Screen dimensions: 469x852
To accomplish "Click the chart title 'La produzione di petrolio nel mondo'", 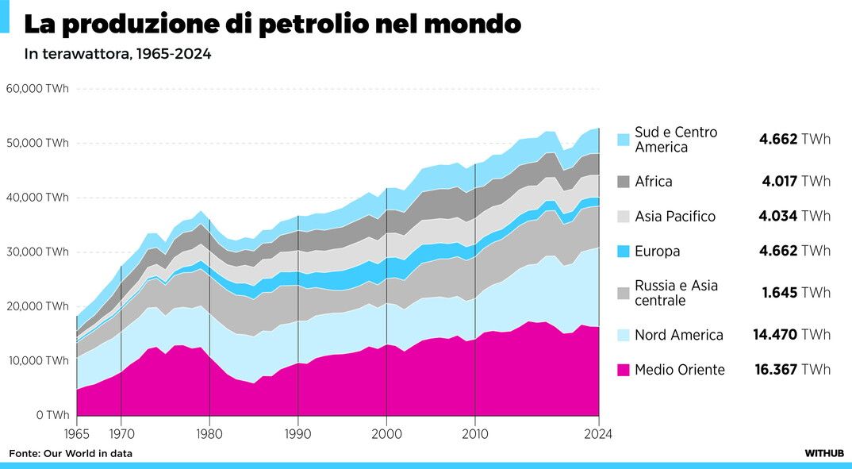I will point(272,24).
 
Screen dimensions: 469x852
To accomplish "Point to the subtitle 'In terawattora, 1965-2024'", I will point(117,55).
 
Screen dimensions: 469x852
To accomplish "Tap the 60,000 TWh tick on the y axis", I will point(37,89).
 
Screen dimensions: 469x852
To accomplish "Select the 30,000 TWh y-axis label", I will point(37,252).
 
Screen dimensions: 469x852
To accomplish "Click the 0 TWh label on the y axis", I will point(52,415).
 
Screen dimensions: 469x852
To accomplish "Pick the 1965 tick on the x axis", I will point(76,434).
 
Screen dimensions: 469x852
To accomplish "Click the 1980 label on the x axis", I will point(209,434).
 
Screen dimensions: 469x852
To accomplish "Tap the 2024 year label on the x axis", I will point(598,434).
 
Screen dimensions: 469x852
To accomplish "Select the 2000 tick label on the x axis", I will point(386,434).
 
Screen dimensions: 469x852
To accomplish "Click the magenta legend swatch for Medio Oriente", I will point(624,369).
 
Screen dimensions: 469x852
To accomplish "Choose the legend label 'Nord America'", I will point(679,335).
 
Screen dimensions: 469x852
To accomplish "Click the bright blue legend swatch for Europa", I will point(624,252).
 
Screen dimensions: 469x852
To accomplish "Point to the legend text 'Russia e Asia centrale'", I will point(676,293).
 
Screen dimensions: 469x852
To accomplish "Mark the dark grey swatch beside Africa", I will point(624,181).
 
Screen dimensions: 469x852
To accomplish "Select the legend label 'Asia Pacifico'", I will point(675,217).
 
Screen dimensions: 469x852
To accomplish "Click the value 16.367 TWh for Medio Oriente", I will point(792,369).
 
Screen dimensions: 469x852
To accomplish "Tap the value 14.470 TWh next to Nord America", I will point(792,335).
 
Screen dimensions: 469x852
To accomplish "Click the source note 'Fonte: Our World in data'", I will point(71,453).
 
